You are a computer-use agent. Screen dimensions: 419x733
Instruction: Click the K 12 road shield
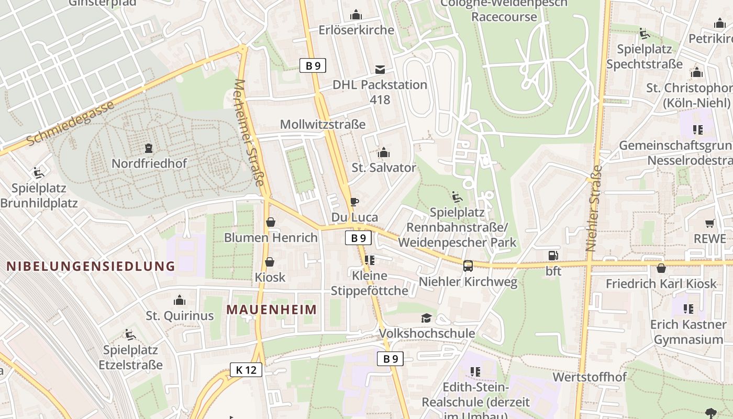(x=246, y=370)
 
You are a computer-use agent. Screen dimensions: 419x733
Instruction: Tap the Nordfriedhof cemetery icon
(x=149, y=148)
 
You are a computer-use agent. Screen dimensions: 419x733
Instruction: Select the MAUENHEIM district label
(x=272, y=310)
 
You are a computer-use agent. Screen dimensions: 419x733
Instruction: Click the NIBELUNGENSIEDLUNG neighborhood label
(x=91, y=266)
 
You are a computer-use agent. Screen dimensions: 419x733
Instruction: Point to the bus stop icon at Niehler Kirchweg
(x=468, y=266)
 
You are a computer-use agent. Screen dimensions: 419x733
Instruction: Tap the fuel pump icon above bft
(x=553, y=256)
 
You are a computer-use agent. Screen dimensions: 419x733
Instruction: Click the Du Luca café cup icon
(x=354, y=202)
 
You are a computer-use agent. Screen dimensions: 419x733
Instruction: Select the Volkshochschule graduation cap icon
(x=427, y=318)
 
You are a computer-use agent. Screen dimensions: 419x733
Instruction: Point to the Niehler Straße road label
(x=593, y=208)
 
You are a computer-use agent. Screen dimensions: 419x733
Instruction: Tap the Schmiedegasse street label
(x=70, y=124)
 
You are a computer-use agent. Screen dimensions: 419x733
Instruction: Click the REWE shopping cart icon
(x=710, y=224)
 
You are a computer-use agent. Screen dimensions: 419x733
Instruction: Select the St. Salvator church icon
(x=384, y=153)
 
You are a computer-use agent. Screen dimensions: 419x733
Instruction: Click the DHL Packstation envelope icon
(x=380, y=70)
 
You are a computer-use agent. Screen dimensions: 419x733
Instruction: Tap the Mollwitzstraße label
(x=323, y=125)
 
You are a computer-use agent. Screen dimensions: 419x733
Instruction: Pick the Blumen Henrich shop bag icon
(x=271, y=223)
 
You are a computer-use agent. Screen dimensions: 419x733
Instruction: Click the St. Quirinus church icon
(x=180, y=301)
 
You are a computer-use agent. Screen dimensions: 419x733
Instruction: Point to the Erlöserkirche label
(x=356, y=30)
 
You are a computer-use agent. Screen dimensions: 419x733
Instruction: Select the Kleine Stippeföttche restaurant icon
(x=370, y=260)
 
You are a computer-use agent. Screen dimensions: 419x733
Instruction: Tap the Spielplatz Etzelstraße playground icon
(x=130, y=335)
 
